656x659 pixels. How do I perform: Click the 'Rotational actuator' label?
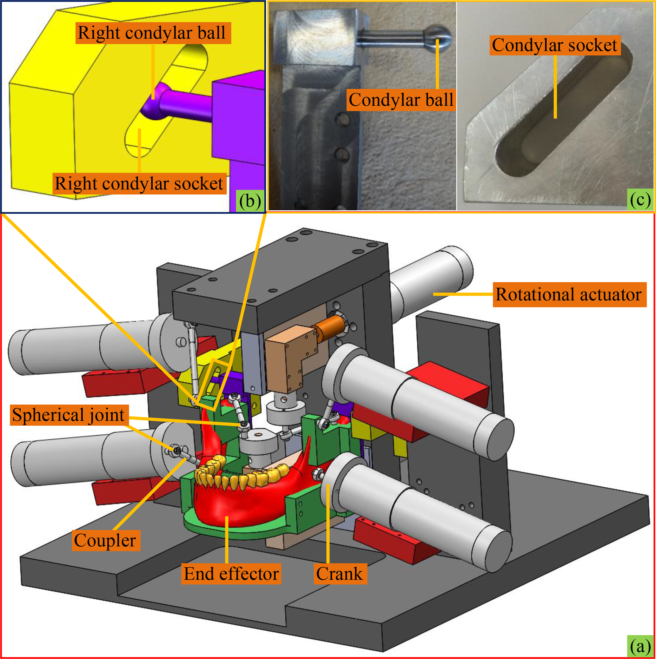tap(569, 294)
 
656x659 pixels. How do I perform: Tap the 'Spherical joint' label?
tap(69, 415)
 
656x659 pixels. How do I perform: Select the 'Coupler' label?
tap(105, 541)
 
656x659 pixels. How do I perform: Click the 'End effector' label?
tap(231, 574)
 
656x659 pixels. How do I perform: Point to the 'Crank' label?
tap(340, 574)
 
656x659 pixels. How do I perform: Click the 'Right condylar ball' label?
tap(152, 33)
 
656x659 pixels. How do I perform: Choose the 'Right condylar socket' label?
tap(139, 184)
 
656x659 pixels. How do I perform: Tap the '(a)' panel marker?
tap(640, 646)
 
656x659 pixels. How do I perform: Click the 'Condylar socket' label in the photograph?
tap(555, 46)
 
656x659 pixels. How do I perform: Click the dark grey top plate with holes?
tap(280, 283)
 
